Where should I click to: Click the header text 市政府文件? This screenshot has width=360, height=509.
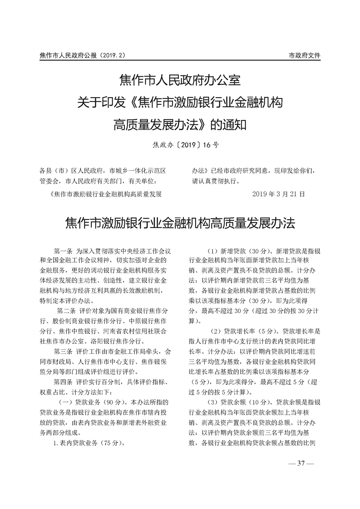tap(305, 55)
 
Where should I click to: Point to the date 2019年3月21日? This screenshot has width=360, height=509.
tap(278, 194)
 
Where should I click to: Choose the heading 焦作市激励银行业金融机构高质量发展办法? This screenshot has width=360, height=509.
tap(180, 223)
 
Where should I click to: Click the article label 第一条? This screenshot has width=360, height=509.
tap(63, 251)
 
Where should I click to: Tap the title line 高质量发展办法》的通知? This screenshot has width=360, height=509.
tap(180, 124)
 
